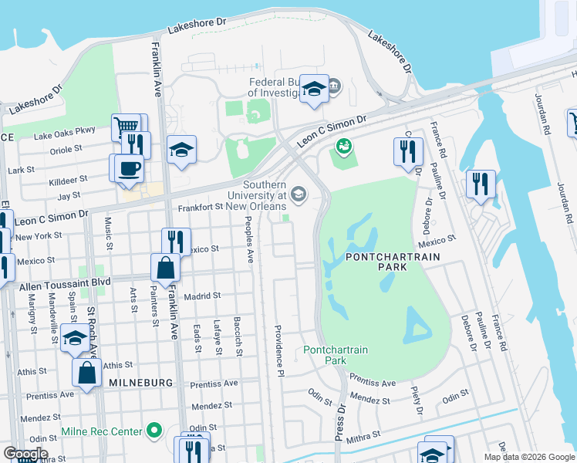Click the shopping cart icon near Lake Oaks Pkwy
click(x=125, y=126)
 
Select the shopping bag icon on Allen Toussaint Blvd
click(x=166, y=268)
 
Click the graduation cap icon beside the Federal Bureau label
click(x=314, y=89)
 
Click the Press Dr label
click(x=339, y=421)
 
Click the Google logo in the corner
click(x=26, y=454)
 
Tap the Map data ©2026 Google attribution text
click(x=528, y=457)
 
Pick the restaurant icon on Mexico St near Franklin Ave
click(x=176, y=242)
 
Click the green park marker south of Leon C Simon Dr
click(x=343, y=145)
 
